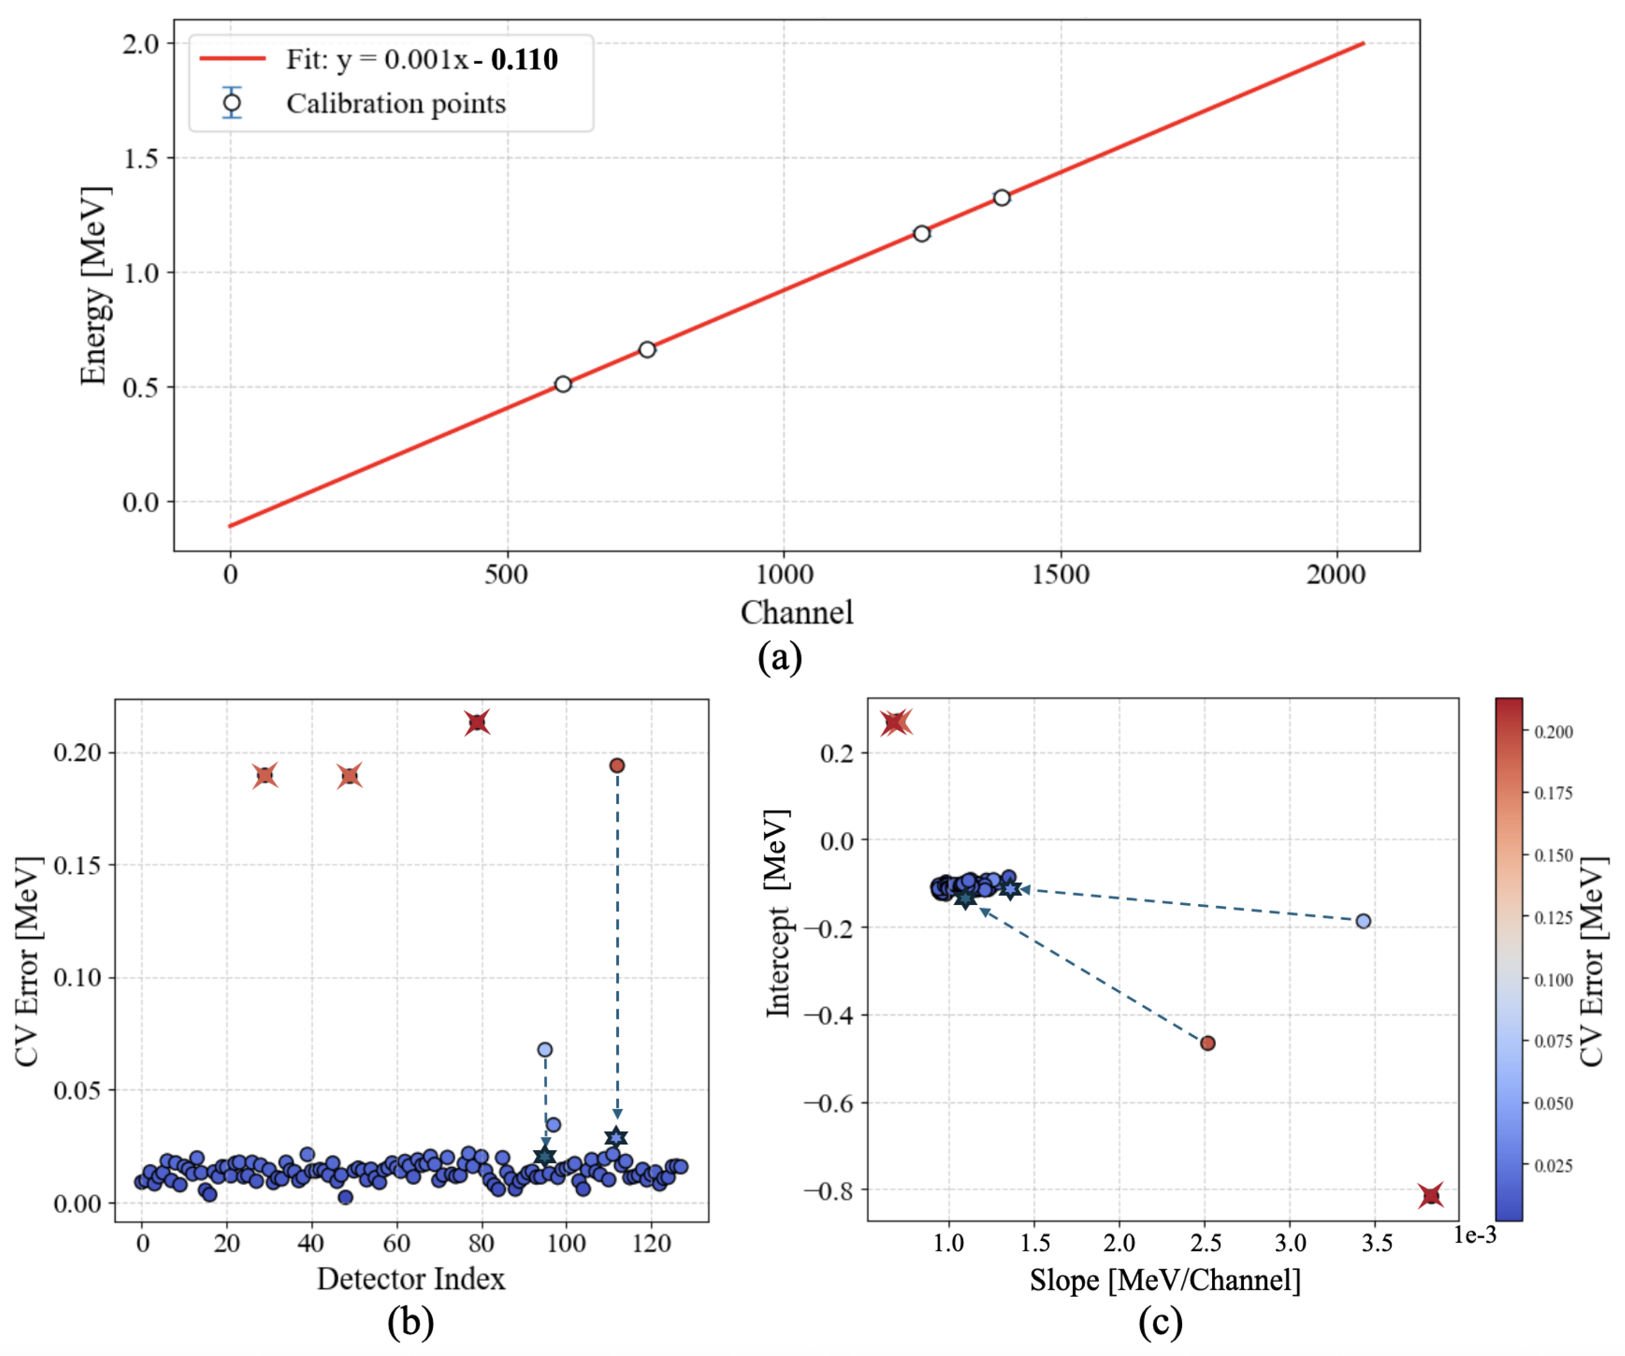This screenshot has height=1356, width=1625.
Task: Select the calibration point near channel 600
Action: click(563, 384)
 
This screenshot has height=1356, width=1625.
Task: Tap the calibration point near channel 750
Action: click(647, 350)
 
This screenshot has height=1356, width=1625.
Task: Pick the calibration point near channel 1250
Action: click(921, 233)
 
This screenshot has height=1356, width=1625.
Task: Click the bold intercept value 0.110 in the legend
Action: click(524, 60)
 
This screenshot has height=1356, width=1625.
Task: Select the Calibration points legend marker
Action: click(231, 102)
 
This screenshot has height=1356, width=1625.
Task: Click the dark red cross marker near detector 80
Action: click(477, 722)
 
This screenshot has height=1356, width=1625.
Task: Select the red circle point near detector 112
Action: click(617, 766)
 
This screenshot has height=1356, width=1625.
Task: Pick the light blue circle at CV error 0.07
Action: click(545, 1049)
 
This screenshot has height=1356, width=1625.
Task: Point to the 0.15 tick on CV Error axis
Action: click(78, 865)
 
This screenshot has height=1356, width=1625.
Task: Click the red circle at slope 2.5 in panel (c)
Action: click(1207, 1043)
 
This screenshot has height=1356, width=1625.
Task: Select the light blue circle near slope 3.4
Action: click(1363, 921)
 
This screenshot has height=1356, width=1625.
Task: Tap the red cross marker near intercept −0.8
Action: click(1431, 1196)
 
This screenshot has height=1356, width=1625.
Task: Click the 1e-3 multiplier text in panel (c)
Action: click(1475, 1235)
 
